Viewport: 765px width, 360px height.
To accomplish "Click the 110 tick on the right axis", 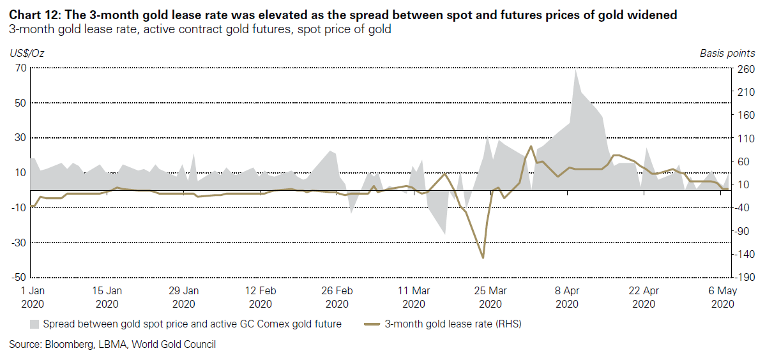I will (x=744, y=138).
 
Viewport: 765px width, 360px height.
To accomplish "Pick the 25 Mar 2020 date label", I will (x=490, y=297).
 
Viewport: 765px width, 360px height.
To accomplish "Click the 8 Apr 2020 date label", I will (x=567, y=297).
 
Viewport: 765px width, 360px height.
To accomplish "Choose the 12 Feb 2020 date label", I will (x=261, y=297).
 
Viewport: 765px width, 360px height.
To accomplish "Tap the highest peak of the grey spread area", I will (x=576, y=69).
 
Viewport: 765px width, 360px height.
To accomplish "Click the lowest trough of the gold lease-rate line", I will (x=483, y=258).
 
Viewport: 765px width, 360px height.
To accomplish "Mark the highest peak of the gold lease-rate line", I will (x=531, y=146).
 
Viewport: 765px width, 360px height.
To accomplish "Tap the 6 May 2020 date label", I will (x=721, y=297).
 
